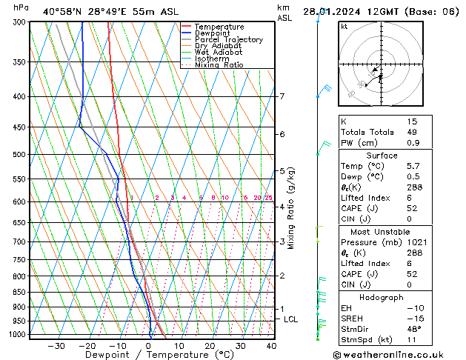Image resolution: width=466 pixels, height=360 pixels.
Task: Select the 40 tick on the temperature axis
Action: pyautogui.click(x=271, y=345)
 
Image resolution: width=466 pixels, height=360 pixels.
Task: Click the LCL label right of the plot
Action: pyautogui.click(x=291, y=319)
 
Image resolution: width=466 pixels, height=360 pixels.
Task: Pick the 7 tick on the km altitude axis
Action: pyautogui.click(x=282, y=96)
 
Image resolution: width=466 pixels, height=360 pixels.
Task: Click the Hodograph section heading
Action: pyautogui.click(x=381, y=296)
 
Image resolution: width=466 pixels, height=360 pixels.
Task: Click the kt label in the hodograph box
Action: pyautogui.click(x=344, y=26)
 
